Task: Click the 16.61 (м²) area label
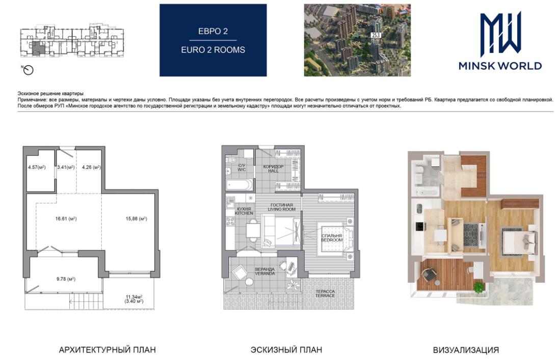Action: (66, 218)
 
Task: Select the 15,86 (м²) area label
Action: (136, 218)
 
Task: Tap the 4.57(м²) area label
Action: (37, 167)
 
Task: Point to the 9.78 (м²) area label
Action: (66, 279)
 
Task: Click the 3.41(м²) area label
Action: (66, 167)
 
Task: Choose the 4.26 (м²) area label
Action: (91, 167)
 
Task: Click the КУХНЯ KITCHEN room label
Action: (244, 211)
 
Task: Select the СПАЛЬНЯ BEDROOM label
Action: (332, 238)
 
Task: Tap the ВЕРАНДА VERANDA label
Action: (265, 271)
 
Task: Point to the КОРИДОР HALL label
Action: (274, 169)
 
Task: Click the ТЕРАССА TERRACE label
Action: (325, 294)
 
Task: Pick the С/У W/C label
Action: (242, 168)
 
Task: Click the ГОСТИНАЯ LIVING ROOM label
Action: (282, 207)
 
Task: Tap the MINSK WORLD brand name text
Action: (500, 66)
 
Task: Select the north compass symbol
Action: (28, 70)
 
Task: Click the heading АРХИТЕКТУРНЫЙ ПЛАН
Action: (108, 350)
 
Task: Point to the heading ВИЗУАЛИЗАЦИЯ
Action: (466, 350)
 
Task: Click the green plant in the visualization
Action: (479, 287)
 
